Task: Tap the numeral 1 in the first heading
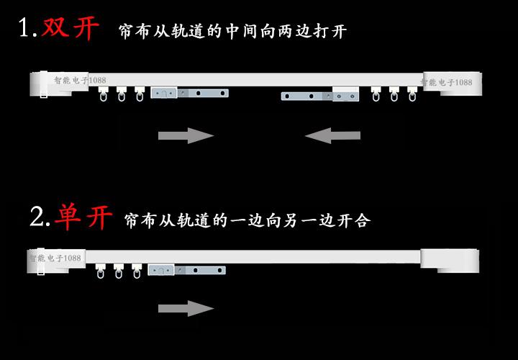point(27,29)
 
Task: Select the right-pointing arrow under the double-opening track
point(186,135)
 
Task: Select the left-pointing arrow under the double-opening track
point(332,135)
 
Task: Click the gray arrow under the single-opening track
point(186,309)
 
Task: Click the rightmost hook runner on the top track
point(412,94)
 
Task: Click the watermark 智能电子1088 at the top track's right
point(447,82)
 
